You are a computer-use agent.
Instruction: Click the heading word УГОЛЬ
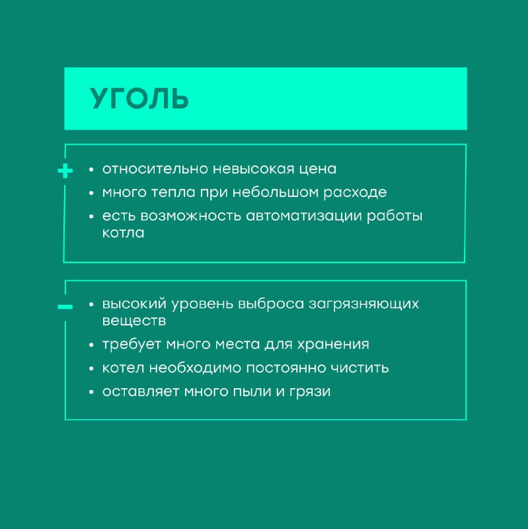pyautogui.click(x=139, y=99)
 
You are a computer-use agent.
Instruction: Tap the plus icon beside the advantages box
pyautogui.click(x=65, y=171)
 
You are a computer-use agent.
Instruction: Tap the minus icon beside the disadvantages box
pyautogui.click(x=65, y=307)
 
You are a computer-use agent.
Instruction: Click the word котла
pyautogui.click(x=123, y=233)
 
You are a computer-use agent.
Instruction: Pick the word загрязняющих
pyautogui.click(x=364, y=304)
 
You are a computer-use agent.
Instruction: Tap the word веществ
pyautogui.click(x=134, y=321)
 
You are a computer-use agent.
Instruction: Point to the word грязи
pyautogui.click(x=310, y=392)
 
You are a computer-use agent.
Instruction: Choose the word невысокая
pyautogui.click(x=254, y=169)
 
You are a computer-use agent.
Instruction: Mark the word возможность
pyautogui.click(x=190, y=216)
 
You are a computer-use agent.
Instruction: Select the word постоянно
pyautogui.click(x=285, y=368)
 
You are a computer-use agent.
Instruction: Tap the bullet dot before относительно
pyautogui.click(x=91, y=169)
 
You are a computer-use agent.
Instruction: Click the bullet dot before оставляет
pyautogui.click(x=91, y=392)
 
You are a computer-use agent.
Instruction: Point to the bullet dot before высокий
pyautogui.click(x=91, y=304)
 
